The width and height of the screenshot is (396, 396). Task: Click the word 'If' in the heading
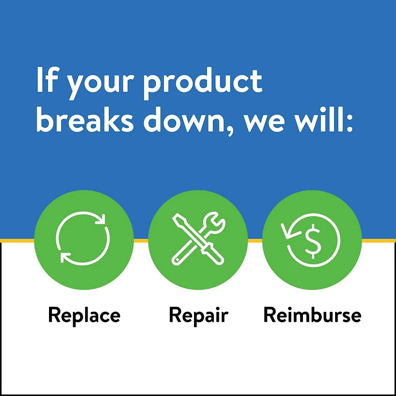(45, 80)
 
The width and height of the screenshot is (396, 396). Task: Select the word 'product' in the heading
(203, 82)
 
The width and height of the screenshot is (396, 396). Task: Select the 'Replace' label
(84, 315)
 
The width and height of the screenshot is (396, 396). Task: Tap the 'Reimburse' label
(312, 315)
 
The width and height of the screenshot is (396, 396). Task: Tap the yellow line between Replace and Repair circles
(141, 240)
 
